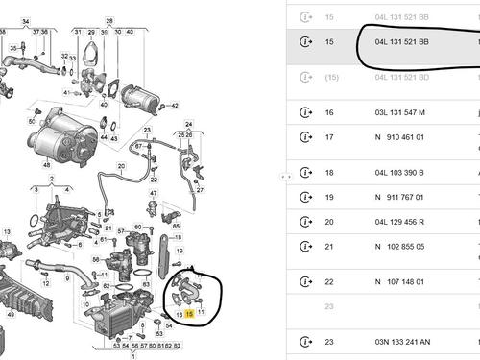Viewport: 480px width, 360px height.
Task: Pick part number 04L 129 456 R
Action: tap(402, 222)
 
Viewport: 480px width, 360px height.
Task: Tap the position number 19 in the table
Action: tap(330, 197)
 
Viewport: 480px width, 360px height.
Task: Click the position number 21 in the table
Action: tap(330, 246)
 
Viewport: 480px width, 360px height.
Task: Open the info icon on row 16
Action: tap(306, 112)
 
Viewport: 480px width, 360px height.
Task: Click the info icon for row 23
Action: tap(306, 342)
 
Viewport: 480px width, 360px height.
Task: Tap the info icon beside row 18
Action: tap(306, 173)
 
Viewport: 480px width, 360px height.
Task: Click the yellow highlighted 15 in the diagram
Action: tap(189, 313)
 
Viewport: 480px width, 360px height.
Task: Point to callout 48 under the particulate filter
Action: tap(45, 164)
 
